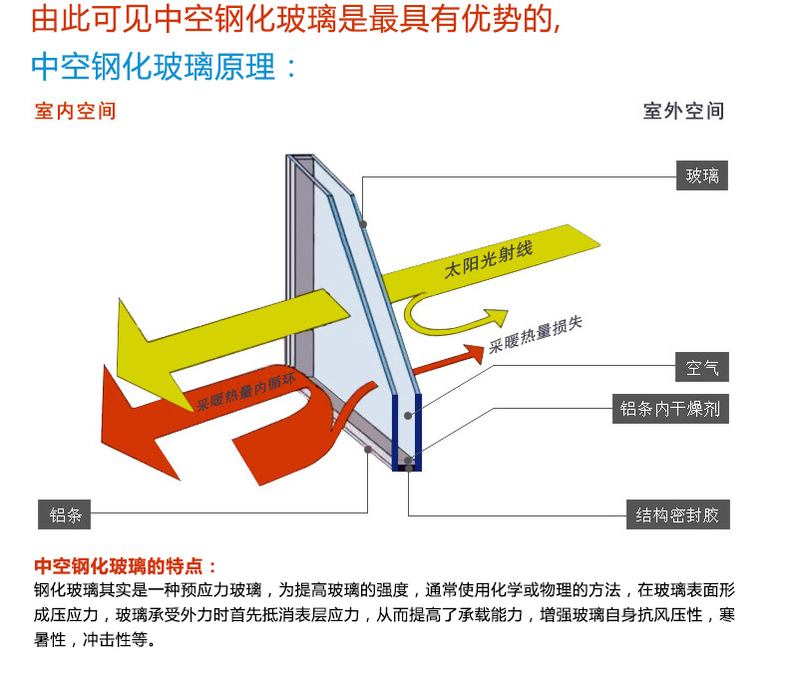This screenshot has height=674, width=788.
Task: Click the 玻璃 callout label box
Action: point(701,176)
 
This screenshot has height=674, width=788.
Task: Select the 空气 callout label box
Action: point(701,367)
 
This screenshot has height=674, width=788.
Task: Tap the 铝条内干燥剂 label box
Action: point(669,408)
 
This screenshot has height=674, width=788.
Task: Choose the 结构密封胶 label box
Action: point(678,515)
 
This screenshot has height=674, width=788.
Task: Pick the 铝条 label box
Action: point(65,515)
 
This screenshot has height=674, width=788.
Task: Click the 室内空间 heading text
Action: point(76,111)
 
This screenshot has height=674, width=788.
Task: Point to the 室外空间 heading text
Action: point(683,111)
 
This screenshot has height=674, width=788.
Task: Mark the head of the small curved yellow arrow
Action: point(499,317)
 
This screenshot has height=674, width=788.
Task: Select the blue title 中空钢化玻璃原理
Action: point(165,67)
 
